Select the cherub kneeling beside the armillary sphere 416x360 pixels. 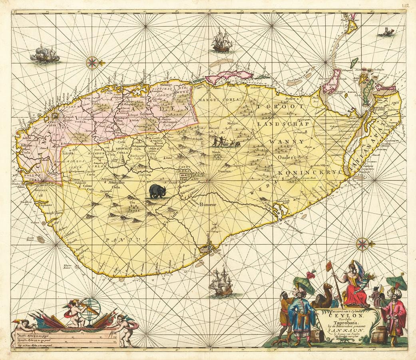(75, 310)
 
